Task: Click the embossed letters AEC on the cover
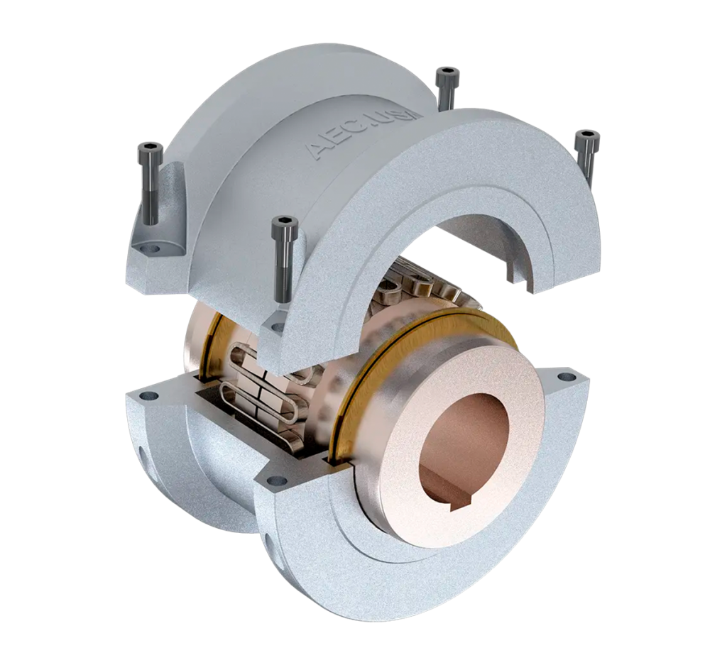(328, 145)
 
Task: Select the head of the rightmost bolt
(587, 136)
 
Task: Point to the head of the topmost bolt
(447, 73)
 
